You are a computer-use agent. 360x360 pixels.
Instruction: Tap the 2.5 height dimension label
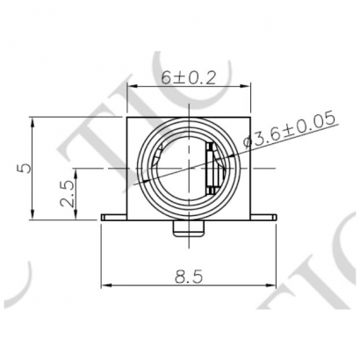[67, 192]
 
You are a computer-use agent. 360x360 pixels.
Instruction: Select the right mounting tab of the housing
[266, 215]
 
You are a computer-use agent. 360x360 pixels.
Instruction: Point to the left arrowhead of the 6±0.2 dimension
[132, 86]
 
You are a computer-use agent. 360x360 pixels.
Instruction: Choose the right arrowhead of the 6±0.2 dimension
[249, 86]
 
